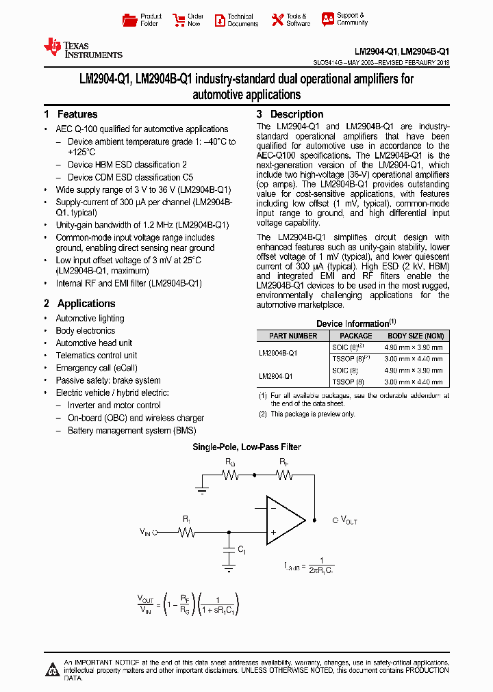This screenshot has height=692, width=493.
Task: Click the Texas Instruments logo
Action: pyautogui.click(x=82, y=49)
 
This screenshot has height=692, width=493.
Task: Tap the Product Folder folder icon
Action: pyautogui.click(x=129, y=20)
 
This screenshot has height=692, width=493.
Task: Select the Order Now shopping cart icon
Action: pyautogui.click(x=178, y=20)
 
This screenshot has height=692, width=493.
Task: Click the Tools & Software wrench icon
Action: pyautogui.click(x=277, y=20)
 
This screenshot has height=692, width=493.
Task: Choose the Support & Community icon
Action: pyautogui.click(x=327, y=19)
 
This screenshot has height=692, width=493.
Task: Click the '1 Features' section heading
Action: pyautogui.click(x=71, y=114)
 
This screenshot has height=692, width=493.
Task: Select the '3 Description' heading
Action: pyautogui.click(x=290, y=114)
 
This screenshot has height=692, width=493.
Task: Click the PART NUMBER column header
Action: pyautogui.click(x=293, y=336)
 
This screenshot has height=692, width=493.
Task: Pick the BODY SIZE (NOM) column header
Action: pyautogui.click(x=416, y=336)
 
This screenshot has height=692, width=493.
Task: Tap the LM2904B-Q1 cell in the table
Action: pyautogui.click(x=278, y=353)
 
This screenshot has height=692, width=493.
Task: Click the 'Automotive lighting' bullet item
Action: pyautogui.click(x=90, y=319)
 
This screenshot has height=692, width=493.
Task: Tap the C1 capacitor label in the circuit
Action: pyautogui.click(x=241, y=549)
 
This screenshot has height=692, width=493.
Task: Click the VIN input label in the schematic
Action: pyautogui.click(x=144, y=531)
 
